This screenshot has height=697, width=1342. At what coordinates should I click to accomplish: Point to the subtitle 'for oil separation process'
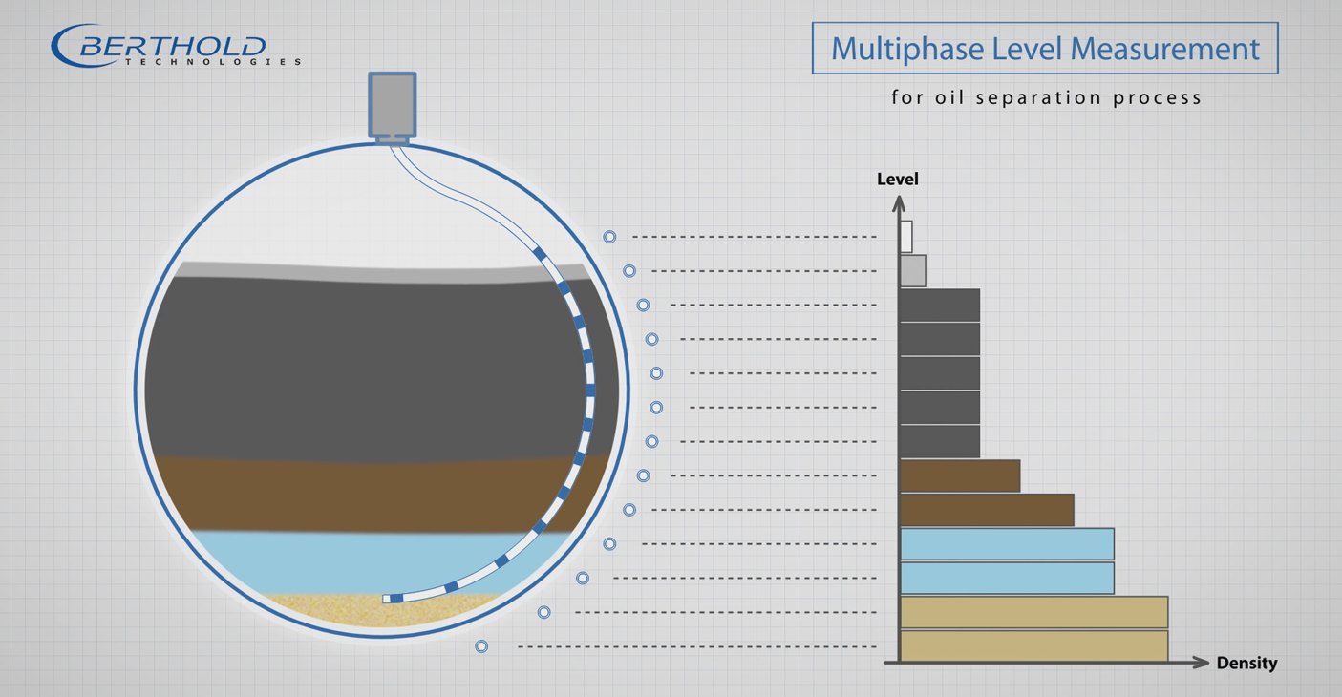pyautogui.click(x=1046, y=97)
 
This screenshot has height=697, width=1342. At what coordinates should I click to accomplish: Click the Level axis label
pyautogui.click(x=897, y=179)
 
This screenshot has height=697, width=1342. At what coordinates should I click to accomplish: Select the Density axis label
pyautogui.click(x=1246, y=663)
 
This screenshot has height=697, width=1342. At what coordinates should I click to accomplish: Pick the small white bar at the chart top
pyautogui.click(x=906, y=237)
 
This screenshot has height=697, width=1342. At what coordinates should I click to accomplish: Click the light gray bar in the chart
pyautogui.click(x=913, y=271)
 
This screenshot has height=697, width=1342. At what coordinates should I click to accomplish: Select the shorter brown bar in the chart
pyautogui.click(x=960, y=475)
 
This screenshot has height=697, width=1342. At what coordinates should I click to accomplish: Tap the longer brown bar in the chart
pyautogui.click(x=987, y=510)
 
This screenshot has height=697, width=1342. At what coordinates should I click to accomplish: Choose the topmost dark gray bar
pyautogui.click(x=940, y=306)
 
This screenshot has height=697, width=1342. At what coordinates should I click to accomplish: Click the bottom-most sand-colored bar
pyautogui.click(x=1034, y=645)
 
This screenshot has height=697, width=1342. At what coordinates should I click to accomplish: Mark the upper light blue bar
pyautogui.click(x=1007, y=544)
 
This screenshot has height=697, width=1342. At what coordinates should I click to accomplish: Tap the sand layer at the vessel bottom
pyautogui.click(x=382, y=611)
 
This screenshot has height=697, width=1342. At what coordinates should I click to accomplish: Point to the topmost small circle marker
pyautogui.click(x=609, y=237)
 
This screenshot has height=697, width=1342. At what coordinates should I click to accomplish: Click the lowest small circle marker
pyautogui.click(x=481, y=646)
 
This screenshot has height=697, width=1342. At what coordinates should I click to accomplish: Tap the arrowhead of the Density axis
pyautogui.click(x=1202, y=663)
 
